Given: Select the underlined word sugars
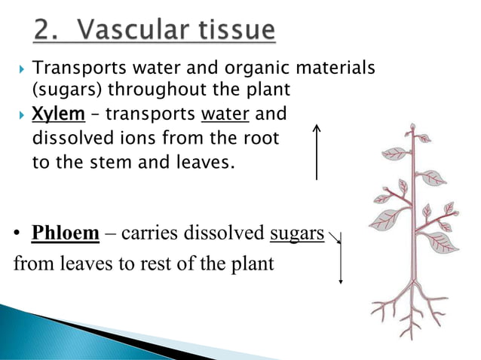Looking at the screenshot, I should click(296, 233).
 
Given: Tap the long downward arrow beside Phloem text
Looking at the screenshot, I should click(341, 260).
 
